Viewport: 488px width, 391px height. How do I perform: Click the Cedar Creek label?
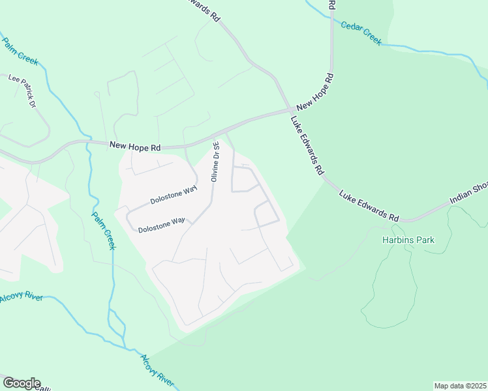coord(361,33)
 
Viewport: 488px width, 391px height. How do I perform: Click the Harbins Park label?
coord(408,240)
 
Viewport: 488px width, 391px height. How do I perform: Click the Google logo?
coord(22,383)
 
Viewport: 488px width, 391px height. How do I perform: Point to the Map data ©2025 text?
coord(460,386)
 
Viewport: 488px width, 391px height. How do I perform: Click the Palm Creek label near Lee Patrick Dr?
coord(20,52)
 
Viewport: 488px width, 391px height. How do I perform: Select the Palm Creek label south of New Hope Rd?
coord(103,231)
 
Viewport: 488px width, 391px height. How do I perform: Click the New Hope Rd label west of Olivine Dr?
coord(134,148)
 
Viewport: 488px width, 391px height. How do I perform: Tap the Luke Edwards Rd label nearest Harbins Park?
coord(369,205)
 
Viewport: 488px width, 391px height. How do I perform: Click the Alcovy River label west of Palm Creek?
coord(22,297)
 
